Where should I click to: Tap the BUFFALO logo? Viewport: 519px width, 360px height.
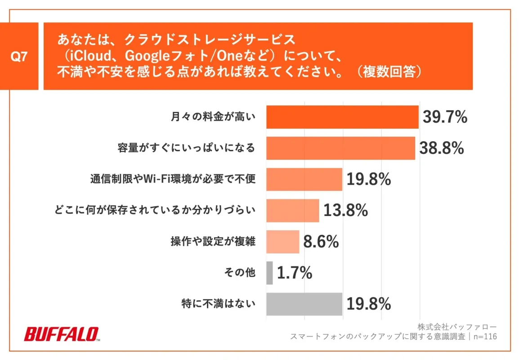coord(62,334)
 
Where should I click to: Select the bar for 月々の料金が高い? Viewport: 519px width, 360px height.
coord(342,117)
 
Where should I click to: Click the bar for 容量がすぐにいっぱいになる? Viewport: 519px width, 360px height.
coord(340,148)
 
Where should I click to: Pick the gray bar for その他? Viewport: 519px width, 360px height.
coord(269,273)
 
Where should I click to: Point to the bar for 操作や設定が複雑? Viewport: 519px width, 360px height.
coord(282,242)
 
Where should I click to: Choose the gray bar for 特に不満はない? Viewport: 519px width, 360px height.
coord(304,304)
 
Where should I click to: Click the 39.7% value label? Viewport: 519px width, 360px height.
coord(445,117)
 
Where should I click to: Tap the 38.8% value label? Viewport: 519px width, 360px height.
coord(441,148)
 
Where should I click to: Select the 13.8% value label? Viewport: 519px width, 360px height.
coord(345,211)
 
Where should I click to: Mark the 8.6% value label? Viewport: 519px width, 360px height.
coord(321,242)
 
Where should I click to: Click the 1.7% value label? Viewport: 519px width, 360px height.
coord(295,273)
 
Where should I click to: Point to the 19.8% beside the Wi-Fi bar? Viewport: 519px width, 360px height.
coord(368,180)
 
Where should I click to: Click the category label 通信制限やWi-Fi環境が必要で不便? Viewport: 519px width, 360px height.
coord(173,180)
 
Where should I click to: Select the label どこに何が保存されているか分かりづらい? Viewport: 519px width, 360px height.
coord(154,211)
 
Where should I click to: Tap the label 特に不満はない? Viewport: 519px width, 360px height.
coord(218,304)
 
